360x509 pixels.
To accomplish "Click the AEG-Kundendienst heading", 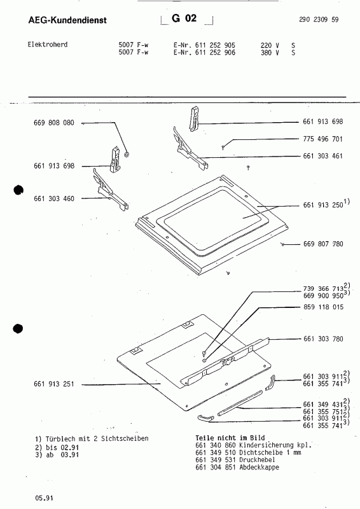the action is click(67, 20).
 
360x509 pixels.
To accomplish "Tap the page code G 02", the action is click(184, 18).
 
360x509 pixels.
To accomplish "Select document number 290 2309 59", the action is click(319, 20).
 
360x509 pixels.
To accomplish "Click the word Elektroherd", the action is click(48, 45).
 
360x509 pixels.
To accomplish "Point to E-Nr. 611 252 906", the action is click(205, 53).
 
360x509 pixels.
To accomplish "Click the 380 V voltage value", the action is click(270, 53).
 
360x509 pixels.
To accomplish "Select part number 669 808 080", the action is click(54, 123).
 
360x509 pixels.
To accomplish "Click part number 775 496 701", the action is click(322, 139).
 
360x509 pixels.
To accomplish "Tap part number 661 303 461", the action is click(322, 156).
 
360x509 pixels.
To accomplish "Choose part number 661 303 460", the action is click(54, 199).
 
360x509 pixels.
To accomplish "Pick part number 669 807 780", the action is click(323, 244).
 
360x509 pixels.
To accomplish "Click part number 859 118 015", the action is click(323, 307).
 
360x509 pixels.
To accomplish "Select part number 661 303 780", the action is click(323, 339).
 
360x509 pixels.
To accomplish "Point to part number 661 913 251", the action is click(54, 384).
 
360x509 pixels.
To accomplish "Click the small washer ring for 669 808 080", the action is click(127, 155).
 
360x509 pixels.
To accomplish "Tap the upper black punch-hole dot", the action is click(18, 190).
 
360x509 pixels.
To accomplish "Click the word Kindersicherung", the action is click(267, 445).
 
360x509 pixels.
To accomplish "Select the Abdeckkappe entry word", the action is click(259, 468).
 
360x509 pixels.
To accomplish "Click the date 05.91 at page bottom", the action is click(44, 498).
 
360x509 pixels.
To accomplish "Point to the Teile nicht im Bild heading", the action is click(230, 438).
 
